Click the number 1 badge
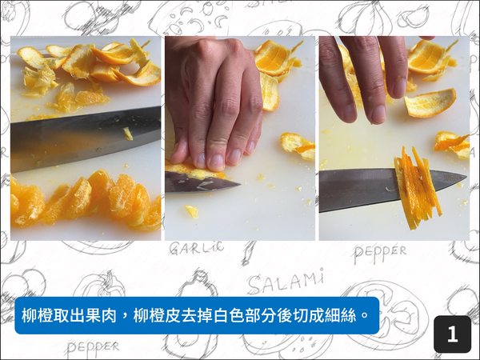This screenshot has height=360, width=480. (x=452, y=334)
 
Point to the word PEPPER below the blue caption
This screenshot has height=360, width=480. (x=93, y=347)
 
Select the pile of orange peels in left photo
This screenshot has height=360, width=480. (x=84, y=68)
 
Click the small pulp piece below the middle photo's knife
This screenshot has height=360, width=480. (x=191, y=211)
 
